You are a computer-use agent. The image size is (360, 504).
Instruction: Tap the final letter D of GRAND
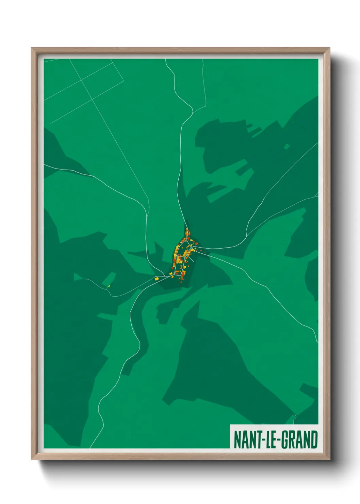pyautogui.click(x=314, y=440)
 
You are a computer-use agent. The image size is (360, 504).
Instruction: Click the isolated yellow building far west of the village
pyautogui.click(x=109, y=286)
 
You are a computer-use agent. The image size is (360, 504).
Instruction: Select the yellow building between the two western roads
pyautogui.click(x=157, y=279)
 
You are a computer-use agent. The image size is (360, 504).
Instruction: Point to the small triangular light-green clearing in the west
pyautogui.click(x=77, y=277)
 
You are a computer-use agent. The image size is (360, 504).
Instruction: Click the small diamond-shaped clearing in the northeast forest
pyautogui.click(x=287, y=146)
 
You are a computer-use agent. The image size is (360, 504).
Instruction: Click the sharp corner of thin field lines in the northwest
pyautogui.click(x=124, y=81)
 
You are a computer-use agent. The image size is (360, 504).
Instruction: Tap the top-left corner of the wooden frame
pyautogui.click(x=32, y=48)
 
